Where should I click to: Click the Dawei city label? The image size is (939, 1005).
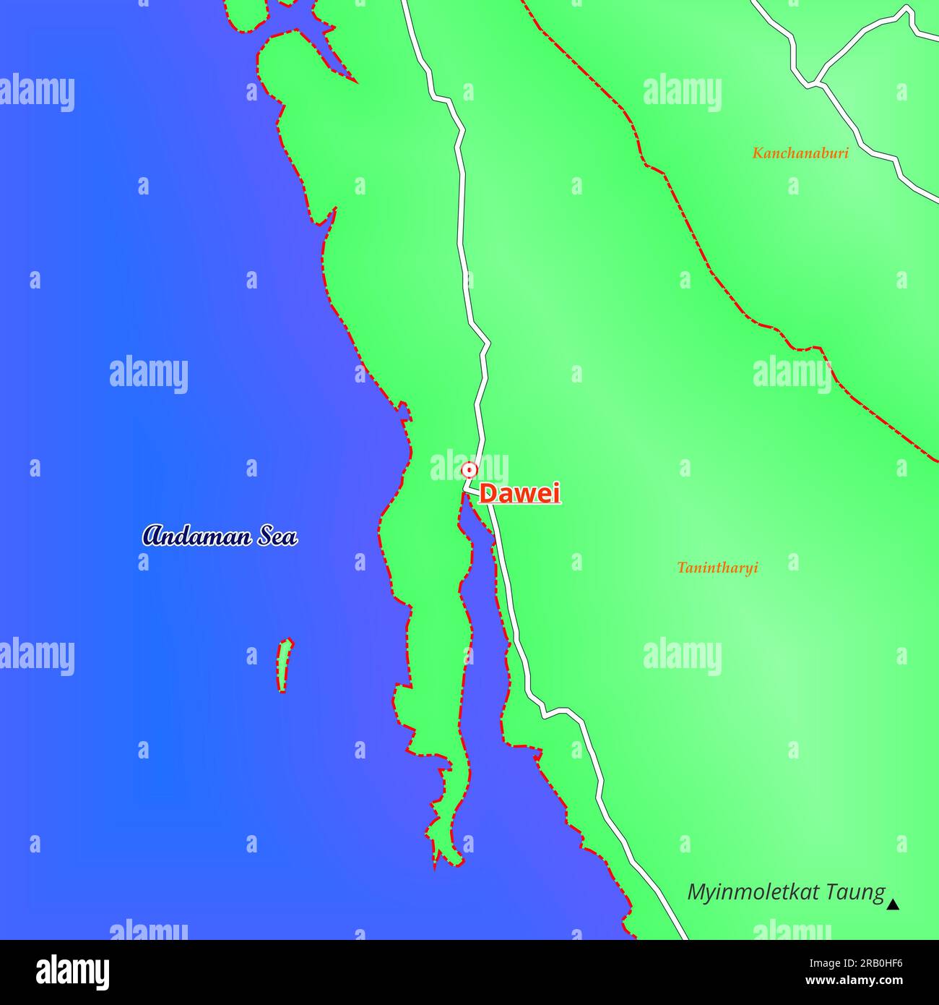(519, 494)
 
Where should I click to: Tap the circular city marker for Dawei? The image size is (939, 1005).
(469, 470)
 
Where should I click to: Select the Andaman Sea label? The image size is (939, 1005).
(220, 536)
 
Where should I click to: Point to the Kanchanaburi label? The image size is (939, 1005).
(800, 153)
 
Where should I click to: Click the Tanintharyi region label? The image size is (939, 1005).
(717, 568)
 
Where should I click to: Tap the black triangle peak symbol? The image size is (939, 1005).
(893, 904)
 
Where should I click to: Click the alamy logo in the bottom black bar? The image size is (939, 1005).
(72, 972)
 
